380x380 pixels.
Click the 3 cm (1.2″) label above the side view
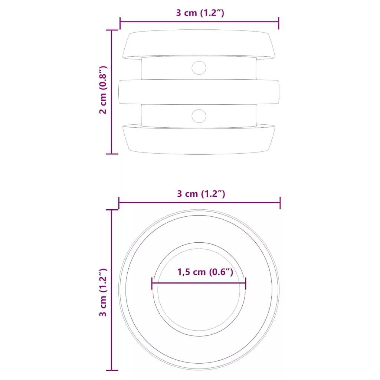[200, 13]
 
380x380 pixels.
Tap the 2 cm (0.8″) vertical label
[103, 90]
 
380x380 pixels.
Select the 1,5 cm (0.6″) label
[205, 272]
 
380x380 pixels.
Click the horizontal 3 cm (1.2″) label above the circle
[201, 194]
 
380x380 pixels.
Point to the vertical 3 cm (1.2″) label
[103, 292]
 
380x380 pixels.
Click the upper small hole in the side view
[199, 68]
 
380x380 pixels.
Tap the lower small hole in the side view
[199, 116]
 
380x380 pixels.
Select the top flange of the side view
[199, 44]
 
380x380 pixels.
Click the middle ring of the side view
[199, 92]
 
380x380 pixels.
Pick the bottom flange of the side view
[199, 140]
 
